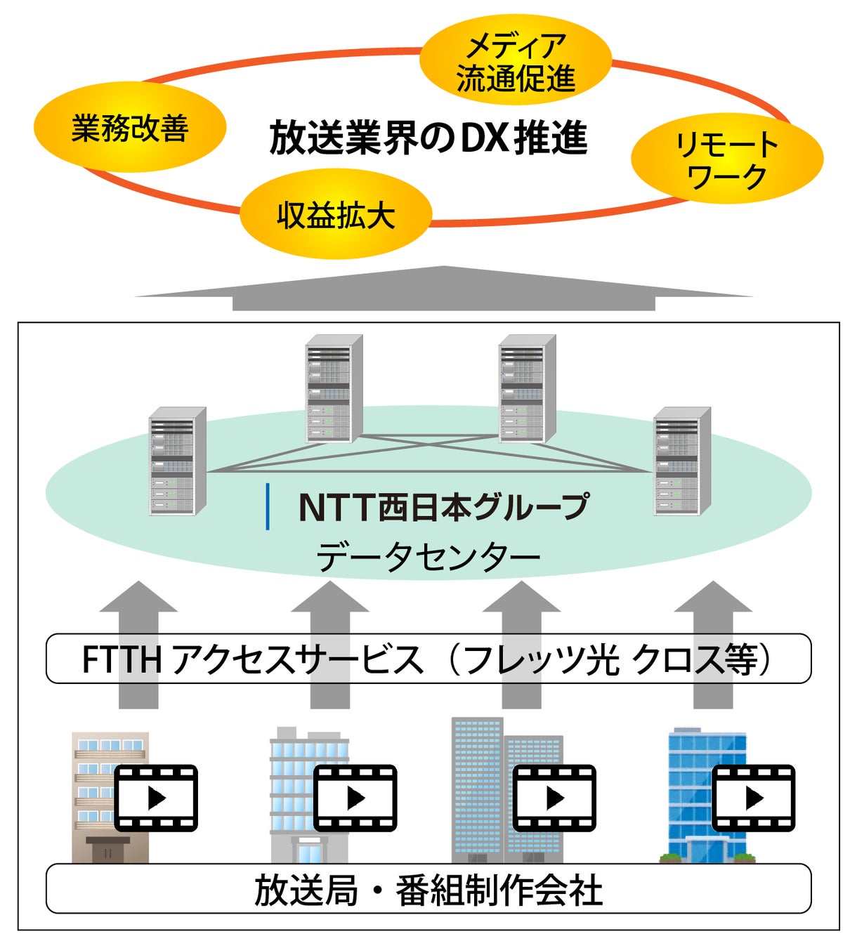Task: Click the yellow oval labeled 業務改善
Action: (130, 127)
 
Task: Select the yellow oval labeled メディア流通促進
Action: (516, 60)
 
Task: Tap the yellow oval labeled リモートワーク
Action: (728, 158)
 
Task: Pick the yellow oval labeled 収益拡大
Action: (336, 213)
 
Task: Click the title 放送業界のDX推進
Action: (428, 138)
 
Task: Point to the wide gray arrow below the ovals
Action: (444, 289)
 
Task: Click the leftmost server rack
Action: (178, 461)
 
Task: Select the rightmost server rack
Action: (683, 461)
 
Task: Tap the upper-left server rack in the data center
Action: (334, 389)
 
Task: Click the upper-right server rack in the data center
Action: (528, 389)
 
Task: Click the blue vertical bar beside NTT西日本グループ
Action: (268, 506)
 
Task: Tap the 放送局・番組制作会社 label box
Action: (428, 888)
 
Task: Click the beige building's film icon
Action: (156, 798)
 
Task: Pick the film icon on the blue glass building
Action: (754, 798)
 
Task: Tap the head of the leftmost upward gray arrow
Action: (138, 596)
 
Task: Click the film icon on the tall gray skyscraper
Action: (554, 798)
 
